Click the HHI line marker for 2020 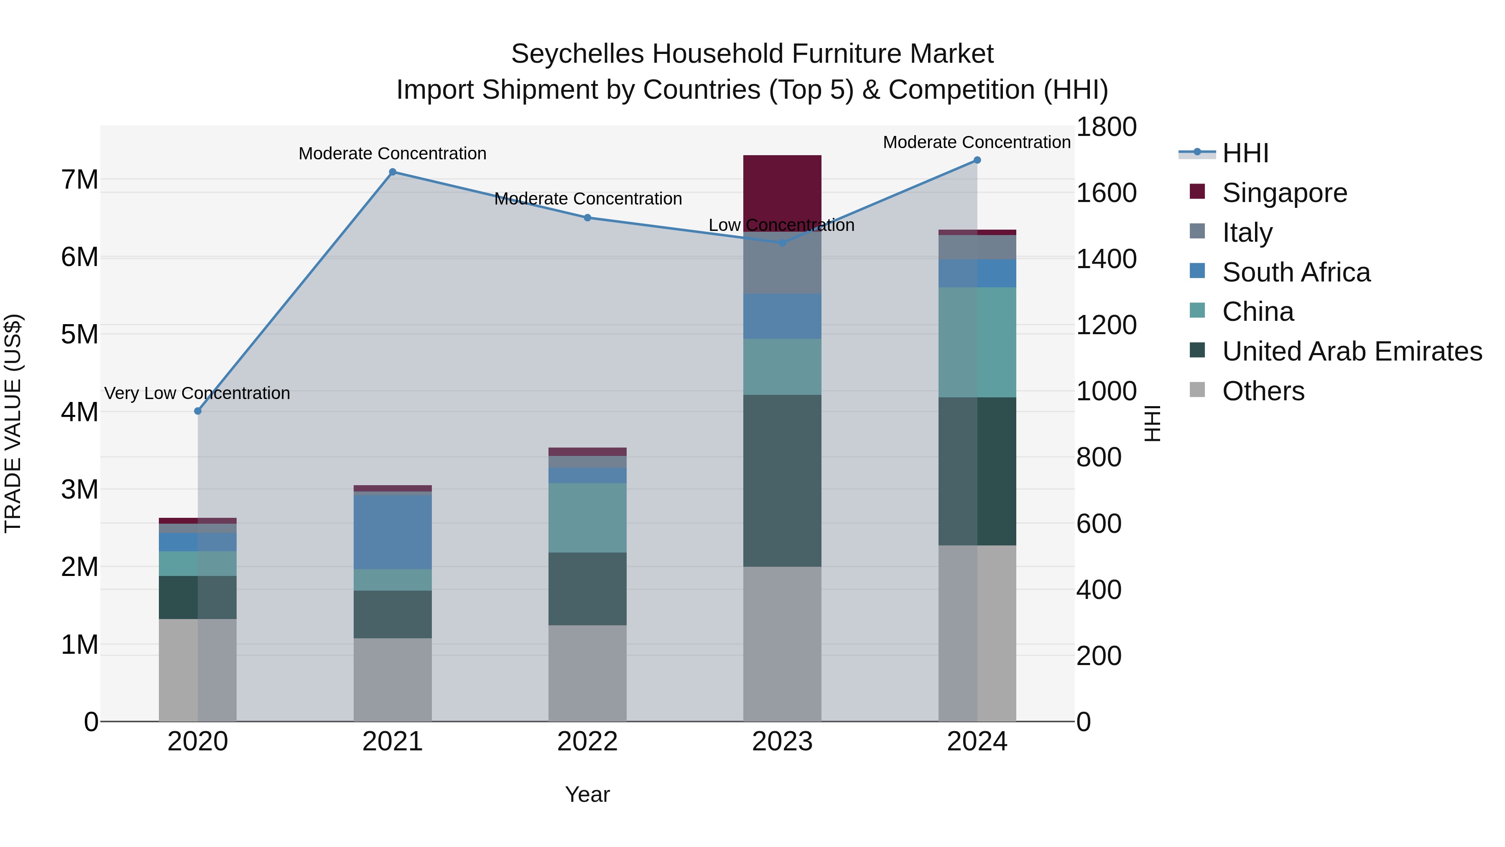point(197,411)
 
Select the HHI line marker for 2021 point(393,172)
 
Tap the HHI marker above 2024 point(977,160)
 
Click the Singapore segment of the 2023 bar point(782,193)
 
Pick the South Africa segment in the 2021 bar point(393,532)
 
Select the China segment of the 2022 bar point(587,517)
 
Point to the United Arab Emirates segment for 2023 point(782,481)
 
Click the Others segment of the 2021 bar point(393,679)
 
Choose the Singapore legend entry point(1284,193)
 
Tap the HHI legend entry point(1245,153)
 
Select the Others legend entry point(1263,391)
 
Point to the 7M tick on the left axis point(80,179)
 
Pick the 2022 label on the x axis point(587,742)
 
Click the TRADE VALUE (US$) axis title point(13,423)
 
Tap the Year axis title point(587,794)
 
